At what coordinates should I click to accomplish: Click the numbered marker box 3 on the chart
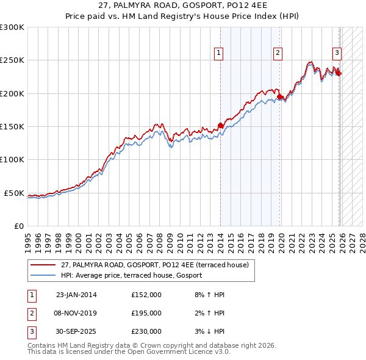click(336, 52)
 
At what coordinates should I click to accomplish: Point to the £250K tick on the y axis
click(12, 60)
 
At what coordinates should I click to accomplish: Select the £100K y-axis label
click(12, 160)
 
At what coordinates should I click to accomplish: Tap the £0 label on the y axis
click(18, 226)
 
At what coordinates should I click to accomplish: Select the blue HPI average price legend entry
click(135, 276)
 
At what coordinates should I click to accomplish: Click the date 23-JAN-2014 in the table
click(76, 295)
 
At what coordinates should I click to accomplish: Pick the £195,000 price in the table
click(146, 313)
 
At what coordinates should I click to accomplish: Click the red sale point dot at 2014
click(220, 126)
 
